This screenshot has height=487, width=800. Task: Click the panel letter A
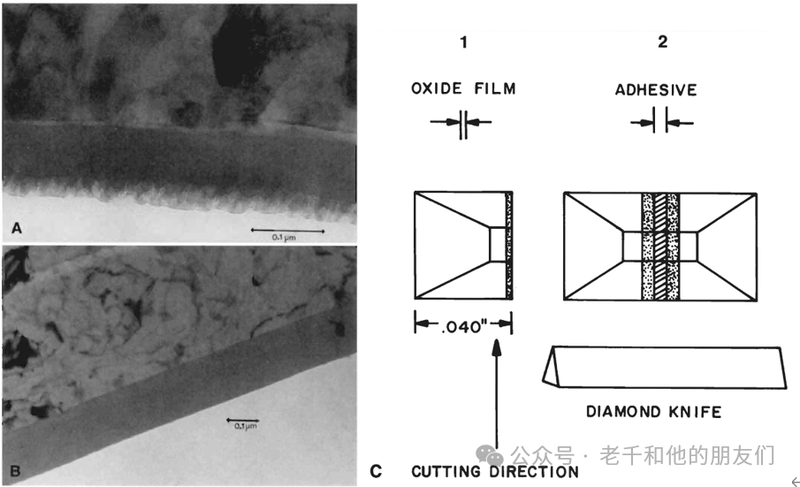(17, 228)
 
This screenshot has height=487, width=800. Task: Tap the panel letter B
(15, 470)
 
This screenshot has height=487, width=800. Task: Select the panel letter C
(376, 471)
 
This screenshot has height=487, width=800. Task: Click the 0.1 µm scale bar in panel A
(288, 231)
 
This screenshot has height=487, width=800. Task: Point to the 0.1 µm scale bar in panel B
(243, 420)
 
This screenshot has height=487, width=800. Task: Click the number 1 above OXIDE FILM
(463, 42)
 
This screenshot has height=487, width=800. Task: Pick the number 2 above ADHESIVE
(662, 42)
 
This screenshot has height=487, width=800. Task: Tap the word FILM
(495, 88)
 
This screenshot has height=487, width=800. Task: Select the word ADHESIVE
(656, 90)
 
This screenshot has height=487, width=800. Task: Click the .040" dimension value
(463, 326)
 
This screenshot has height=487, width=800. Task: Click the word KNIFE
(696, 412)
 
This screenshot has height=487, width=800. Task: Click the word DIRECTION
(534, 472)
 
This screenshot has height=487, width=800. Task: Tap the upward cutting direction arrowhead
(497, 346)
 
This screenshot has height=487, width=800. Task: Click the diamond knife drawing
(664, 367)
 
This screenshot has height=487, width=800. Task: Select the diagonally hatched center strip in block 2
(660, 247)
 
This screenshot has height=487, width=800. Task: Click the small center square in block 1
(498, 244)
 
